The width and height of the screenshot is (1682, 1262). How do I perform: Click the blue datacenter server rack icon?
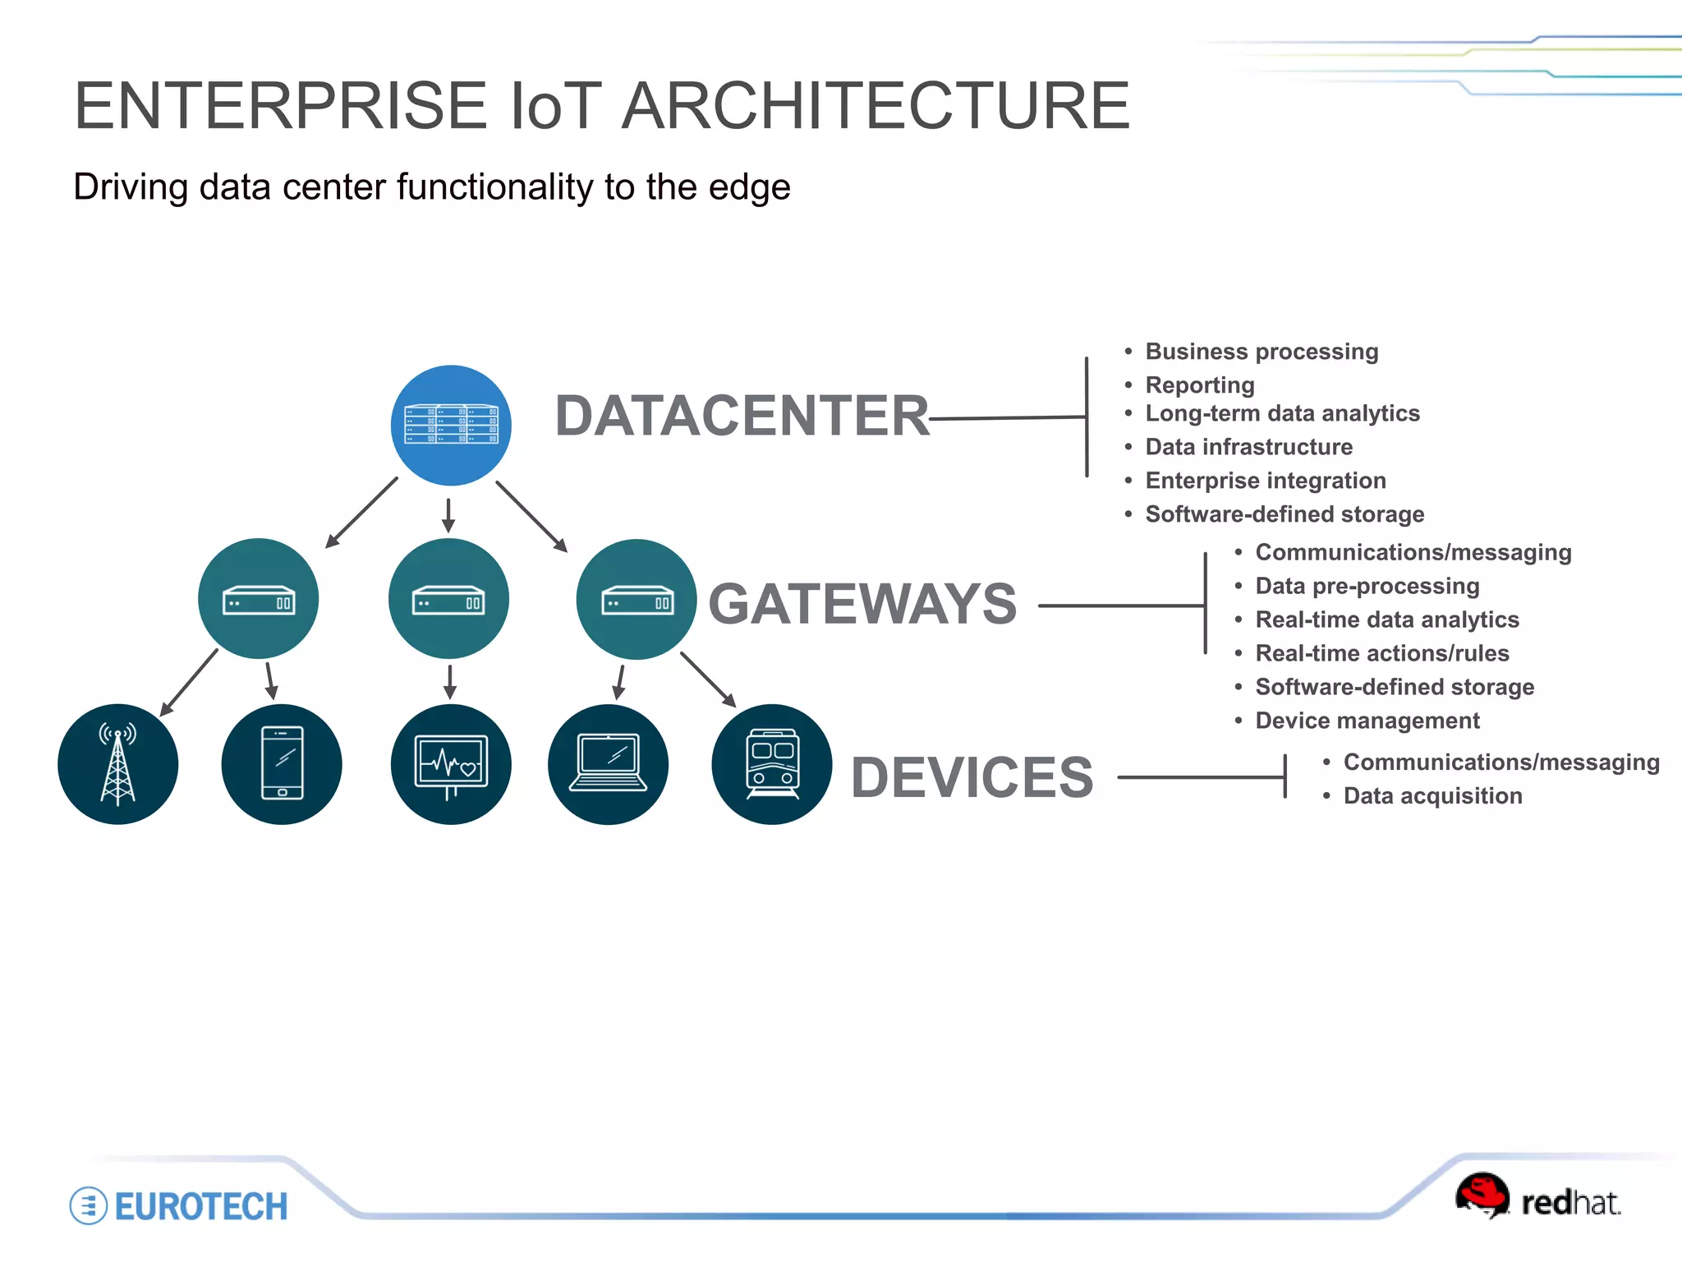(451, 425)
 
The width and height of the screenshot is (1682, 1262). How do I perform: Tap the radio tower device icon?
(117, 764)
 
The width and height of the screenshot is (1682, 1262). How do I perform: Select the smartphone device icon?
(282, 764)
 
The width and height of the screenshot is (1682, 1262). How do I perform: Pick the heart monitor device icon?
(451, 764)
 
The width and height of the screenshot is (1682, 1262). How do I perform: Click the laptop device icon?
(608, 764)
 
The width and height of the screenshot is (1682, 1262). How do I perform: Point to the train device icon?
(771, 764)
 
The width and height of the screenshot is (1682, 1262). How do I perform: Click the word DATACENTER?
(742, 416)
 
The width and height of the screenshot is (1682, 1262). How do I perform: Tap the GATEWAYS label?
(862, 604)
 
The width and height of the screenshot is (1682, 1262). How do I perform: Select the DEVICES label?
(972, 777)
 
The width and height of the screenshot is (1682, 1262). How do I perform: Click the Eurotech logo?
(179, 1206)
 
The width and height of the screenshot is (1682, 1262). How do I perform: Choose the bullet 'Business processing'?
(1261, 352)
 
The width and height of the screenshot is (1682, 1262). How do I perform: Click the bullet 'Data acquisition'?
(1432, 796)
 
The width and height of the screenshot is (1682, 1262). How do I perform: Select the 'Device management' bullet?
(1367, 721)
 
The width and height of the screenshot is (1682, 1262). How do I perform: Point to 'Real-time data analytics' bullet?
(1386, 619)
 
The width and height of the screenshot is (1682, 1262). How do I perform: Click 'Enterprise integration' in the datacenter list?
(1265, 481)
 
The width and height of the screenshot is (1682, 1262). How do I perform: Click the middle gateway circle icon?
(448, 599)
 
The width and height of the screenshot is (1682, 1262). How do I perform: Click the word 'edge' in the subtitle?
(749, 187)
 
